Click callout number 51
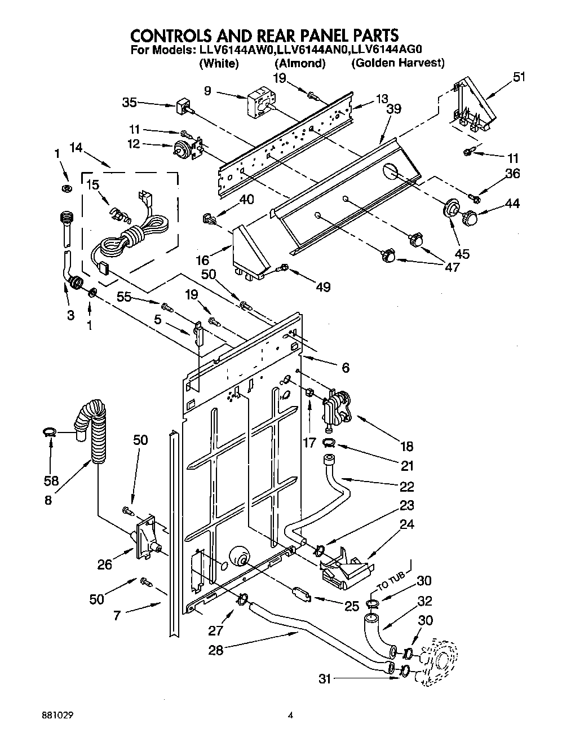pos(518,77)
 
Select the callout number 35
pos(130,103)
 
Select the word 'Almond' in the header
pos(300,63)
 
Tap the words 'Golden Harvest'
pos(398,63)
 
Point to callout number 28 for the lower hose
pos(215,650)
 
